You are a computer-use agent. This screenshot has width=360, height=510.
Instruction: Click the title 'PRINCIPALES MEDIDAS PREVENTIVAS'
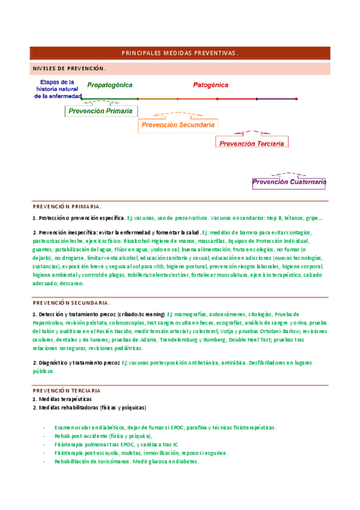coord(180,53)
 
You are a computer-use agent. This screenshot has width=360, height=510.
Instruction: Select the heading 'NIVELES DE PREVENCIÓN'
coord(69,69)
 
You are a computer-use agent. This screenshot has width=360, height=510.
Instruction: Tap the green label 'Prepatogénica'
coord(109,85)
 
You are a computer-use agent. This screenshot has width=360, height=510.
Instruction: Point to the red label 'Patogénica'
coord(210,85)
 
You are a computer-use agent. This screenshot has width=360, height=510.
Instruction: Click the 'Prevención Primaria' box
coord(100,111)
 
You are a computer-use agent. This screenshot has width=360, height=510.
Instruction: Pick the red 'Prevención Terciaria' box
coord(251,144)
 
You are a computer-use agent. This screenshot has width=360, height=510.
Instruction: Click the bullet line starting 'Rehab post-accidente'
coord(103,436)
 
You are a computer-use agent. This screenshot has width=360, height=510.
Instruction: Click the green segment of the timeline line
coord(108,98)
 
